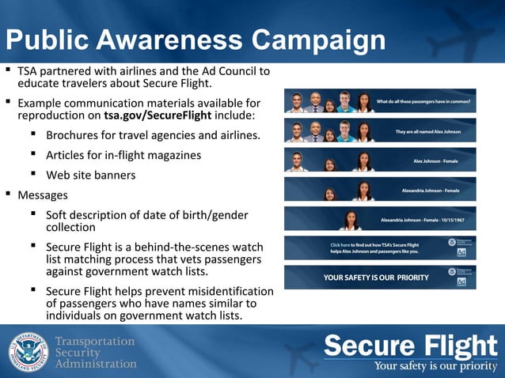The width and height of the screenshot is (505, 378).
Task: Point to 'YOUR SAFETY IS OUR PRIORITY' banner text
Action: pyautogui.click(x=376, y=278)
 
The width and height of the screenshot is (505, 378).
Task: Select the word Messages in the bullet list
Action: pyautogui.click(x=43, y=194)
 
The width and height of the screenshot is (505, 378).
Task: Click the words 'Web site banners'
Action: pyautogui.click(x=90, y=175)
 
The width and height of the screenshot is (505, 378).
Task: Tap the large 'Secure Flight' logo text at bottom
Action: pyautogui.click(x=410, y=346)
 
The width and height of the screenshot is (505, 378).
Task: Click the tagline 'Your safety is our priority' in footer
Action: pyautogui.click(x=434, y=366)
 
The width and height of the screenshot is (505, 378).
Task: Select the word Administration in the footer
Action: pyautogui.click(x=95, y=364)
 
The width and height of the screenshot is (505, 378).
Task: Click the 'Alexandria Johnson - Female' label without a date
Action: pyautogui.click(x=431, y=191)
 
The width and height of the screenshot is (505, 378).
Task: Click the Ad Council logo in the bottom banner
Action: pyautogui.click(x=461, y=282)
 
